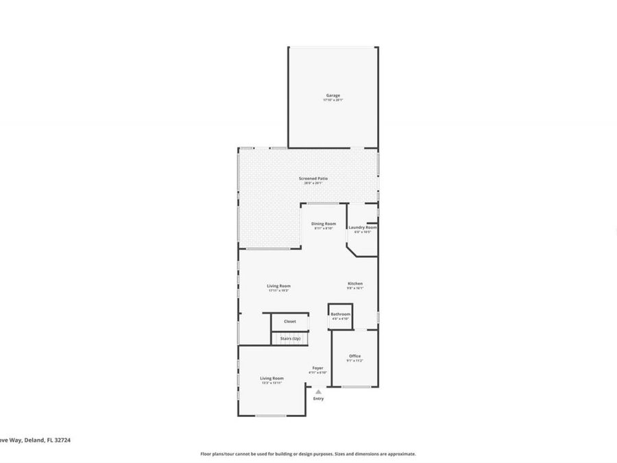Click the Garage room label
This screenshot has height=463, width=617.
coord(332,95)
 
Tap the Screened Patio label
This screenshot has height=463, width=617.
coord(313,179)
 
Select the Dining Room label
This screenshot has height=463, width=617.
coord(324,224)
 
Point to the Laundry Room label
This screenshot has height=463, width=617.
coord(363,227)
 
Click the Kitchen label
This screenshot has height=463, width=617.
coord(355,283)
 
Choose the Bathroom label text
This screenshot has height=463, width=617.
coord(341,314)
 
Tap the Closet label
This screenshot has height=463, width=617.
coord(290,321)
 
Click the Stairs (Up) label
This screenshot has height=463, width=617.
coord(290,338)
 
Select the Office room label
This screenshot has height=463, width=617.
coord(354,356)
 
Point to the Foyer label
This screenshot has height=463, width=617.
coord(318,368)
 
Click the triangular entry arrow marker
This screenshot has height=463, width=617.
coord(318,392)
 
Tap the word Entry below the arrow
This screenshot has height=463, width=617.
coord(318,399)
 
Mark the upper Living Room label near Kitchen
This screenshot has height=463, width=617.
coord(278,286)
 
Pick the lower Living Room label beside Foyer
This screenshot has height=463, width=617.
coord(271,378)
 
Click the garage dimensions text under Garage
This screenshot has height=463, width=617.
coord(332,100)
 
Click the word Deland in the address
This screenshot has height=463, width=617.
coord(34,441)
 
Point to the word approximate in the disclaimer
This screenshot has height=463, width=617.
coord(402,453)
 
